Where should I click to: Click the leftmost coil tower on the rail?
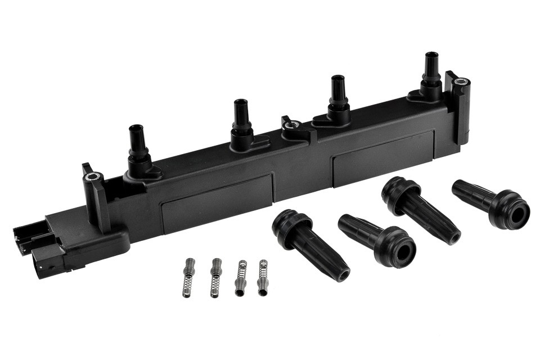[137, 146]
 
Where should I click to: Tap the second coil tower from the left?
[241, 121]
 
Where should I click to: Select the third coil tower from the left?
[338, 98]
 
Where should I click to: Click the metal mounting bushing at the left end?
[91, 177]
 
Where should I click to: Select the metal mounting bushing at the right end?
[461, 82]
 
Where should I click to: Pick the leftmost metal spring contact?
[188, 277]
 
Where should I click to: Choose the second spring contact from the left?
[215, 277]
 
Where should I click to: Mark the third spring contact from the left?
[241, 277]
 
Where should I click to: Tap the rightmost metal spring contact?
[263, 277]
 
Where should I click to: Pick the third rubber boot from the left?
[420, 209]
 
